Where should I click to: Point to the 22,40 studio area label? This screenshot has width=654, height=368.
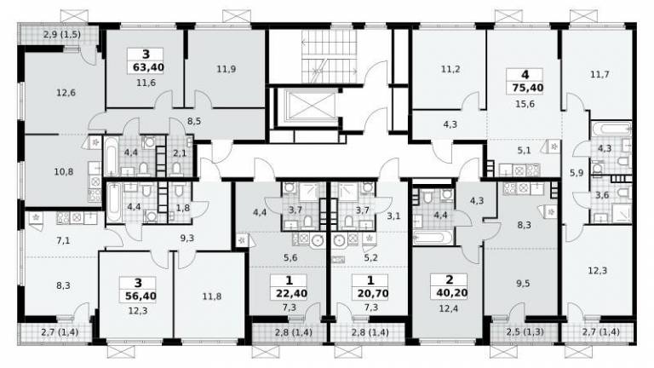(x=291, y=294)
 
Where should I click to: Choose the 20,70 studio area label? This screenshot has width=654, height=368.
(x=373, y=294)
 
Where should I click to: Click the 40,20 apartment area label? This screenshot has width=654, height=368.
(x=451, y=293)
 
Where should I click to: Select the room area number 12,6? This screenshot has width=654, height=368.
(x=66, y=93)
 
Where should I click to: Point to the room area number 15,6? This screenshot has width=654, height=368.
(x=525, y=104)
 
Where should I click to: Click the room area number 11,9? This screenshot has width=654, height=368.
(x=226, y=69)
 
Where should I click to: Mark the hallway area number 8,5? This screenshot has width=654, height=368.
(x=194, y=122)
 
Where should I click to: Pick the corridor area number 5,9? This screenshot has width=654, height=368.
(x=577, y=172)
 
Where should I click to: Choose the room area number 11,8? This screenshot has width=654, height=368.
(x=212, y=297)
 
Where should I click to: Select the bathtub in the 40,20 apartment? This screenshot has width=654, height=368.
(x=432, y=238)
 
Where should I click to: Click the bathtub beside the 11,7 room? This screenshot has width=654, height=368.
(x=611, y=129)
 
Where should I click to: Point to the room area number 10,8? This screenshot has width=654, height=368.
(x=64, y=171)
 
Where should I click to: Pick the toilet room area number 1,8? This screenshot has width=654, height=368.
(x=183, y=207)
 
